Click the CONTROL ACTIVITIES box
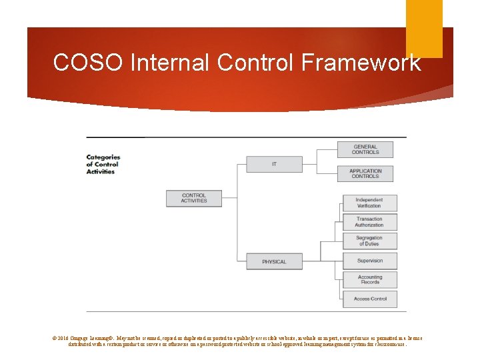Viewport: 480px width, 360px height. point(193,198)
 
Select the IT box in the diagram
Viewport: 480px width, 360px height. point(273,164)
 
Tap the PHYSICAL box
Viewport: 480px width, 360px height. point(273,261)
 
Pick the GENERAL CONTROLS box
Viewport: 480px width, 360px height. point(365,149)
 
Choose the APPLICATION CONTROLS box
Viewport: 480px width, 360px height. point(365,173)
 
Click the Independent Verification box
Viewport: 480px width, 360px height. point(369,203)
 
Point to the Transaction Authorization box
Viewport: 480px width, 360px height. point(369,222)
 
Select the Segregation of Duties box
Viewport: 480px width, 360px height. point(369,241)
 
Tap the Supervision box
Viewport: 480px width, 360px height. point(369,261)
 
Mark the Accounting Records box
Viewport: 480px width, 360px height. point(369,279)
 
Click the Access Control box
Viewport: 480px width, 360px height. point(369,299)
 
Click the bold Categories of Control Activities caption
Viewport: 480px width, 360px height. point(103,165)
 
